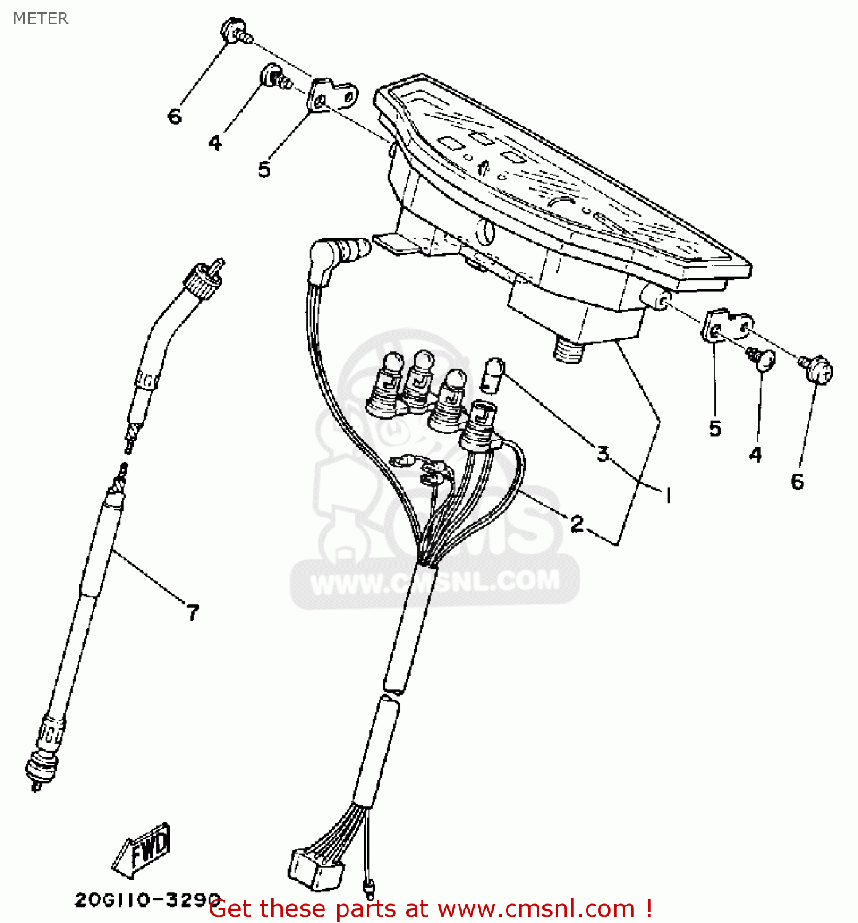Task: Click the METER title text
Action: pyautogui.click(x=41, y=18)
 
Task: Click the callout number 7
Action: pyautogui.click(x=193, y=612)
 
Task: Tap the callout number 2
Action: pyautogui.click(x=577, y=524)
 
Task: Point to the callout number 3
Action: pyautogui.click(x=603, y=453)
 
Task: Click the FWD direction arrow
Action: pyautogui.click(x=142, y=850)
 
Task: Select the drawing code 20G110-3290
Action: pyautogui.click(x=148, y=900)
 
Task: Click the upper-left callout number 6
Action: pyautogui.click(x=174, y=116)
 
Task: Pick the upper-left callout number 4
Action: pyautogui.click(x=215, y=142)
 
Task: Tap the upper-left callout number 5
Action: pyautogui.click(x=264, y=169)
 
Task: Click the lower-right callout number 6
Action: pyautogui.click(x=797, y=481)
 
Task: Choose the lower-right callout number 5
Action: pyautogui.click(x=715, y=428)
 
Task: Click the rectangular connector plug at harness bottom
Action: pyautogui.click(x=317, y=869)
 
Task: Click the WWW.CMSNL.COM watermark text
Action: pyautogui.click(x=435, y=581)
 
